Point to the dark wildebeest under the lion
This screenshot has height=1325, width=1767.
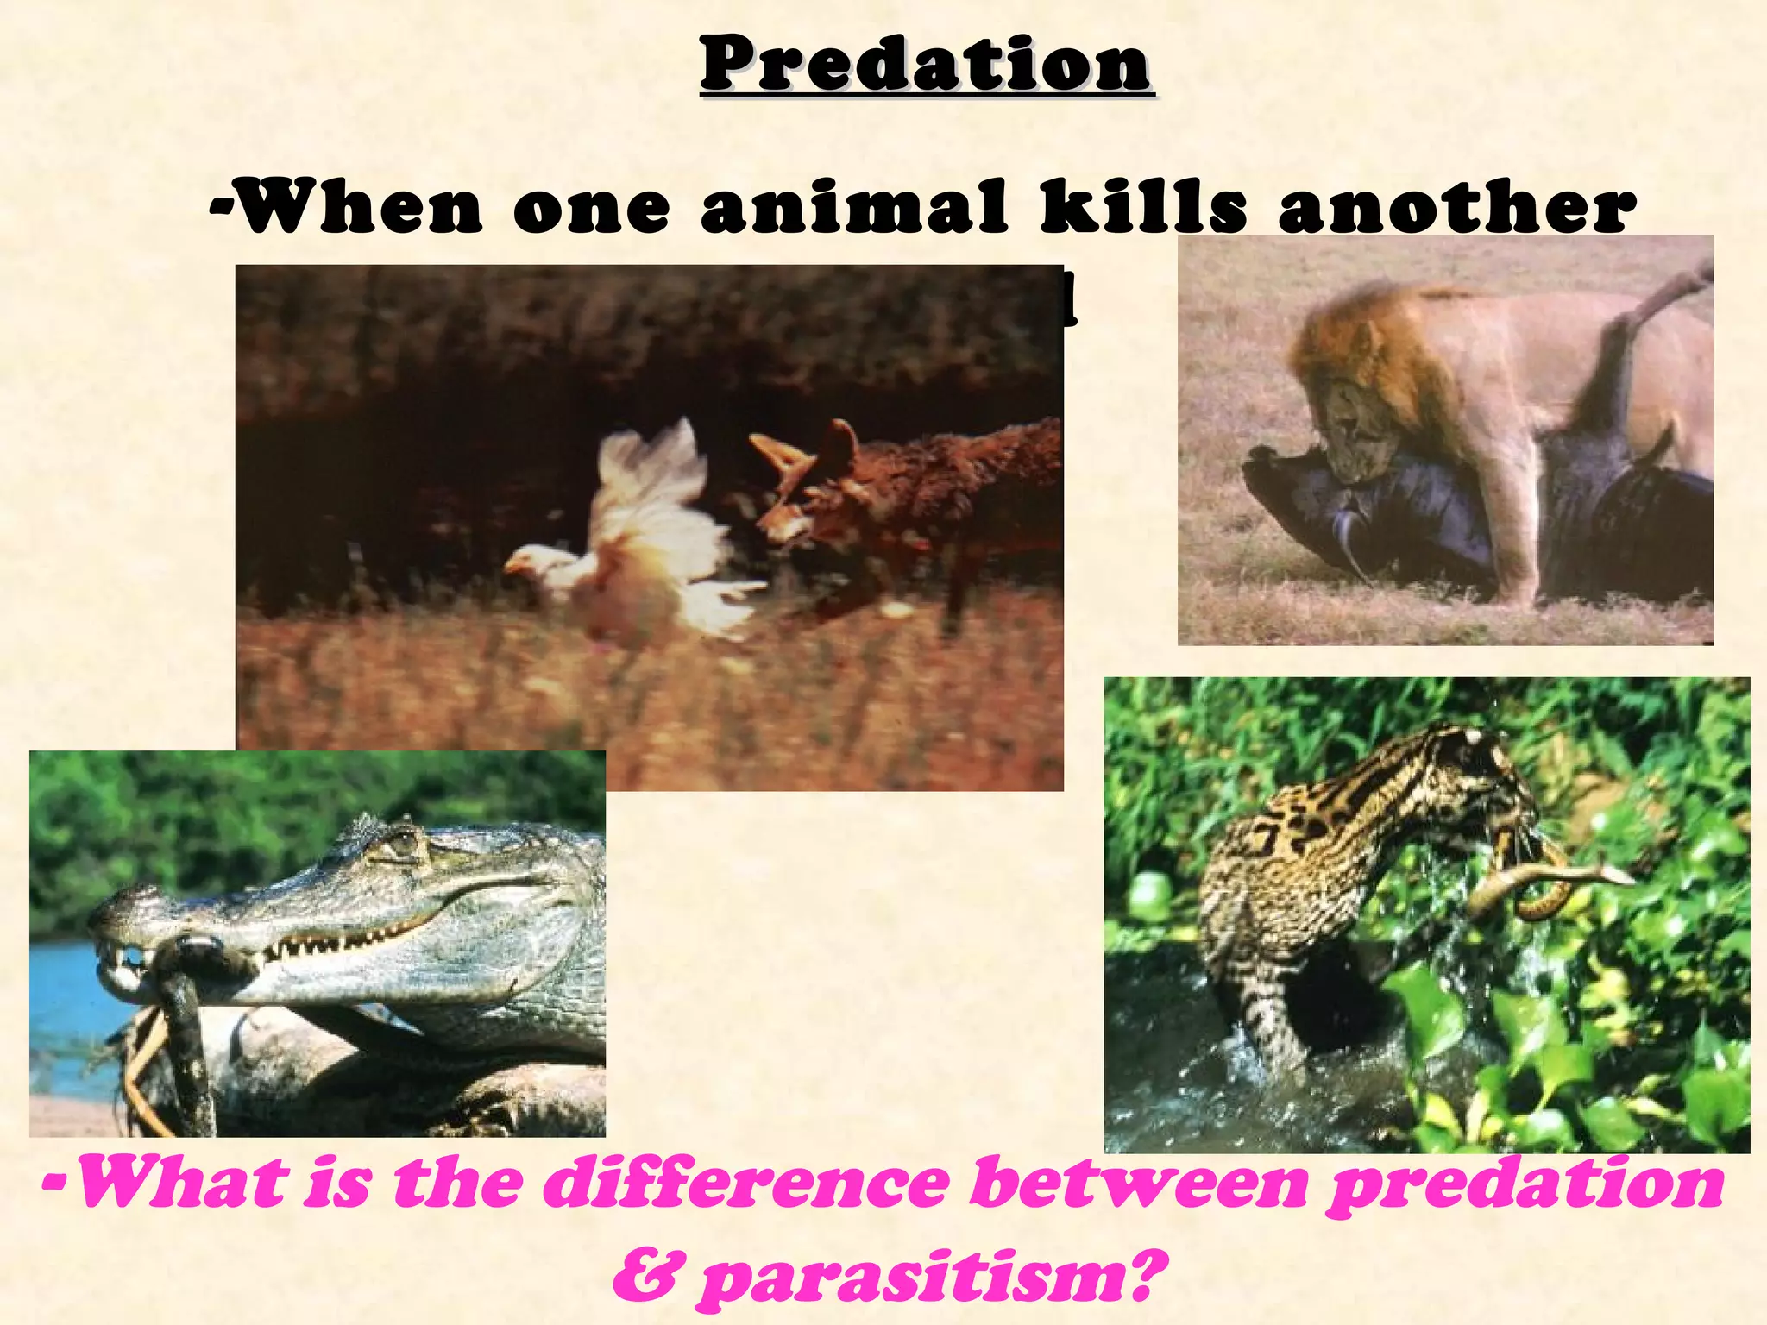[x=1380, y=518]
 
